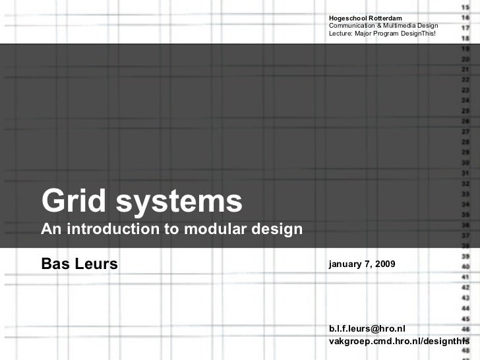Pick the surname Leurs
pyautogui.click(x=96, y=265)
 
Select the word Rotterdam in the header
pyautogui.click(x=390, y=16)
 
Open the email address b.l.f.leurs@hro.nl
pyautogui.click(x=367, y=328)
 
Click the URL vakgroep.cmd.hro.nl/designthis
pyautogui.click(x=399, y=342)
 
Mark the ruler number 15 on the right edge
pyautogui.click(x=465, y=6)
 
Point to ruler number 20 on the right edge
pyautogui.click(x=465, y=59)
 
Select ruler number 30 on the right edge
pyautogui.click(x=465, y=163)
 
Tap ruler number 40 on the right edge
pyautogui.click(x=465, y=267)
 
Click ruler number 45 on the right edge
pyautogui.click(x=465, y=319)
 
